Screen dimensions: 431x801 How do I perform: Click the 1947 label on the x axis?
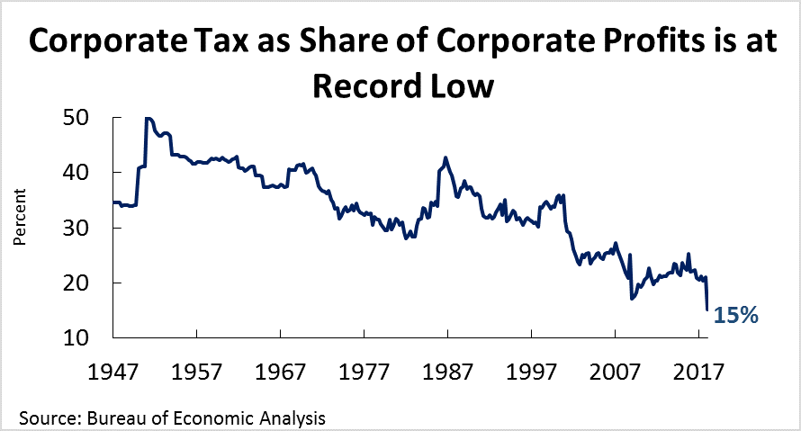112,369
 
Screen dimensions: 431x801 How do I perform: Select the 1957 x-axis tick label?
197,369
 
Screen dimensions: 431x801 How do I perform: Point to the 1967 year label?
281,369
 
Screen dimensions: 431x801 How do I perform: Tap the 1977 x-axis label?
364,369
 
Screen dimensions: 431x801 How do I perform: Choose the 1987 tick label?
448,369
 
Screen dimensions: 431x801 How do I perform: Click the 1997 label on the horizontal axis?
532,369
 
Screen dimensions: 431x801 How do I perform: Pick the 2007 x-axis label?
616,369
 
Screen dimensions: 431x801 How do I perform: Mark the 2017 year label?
699,369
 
